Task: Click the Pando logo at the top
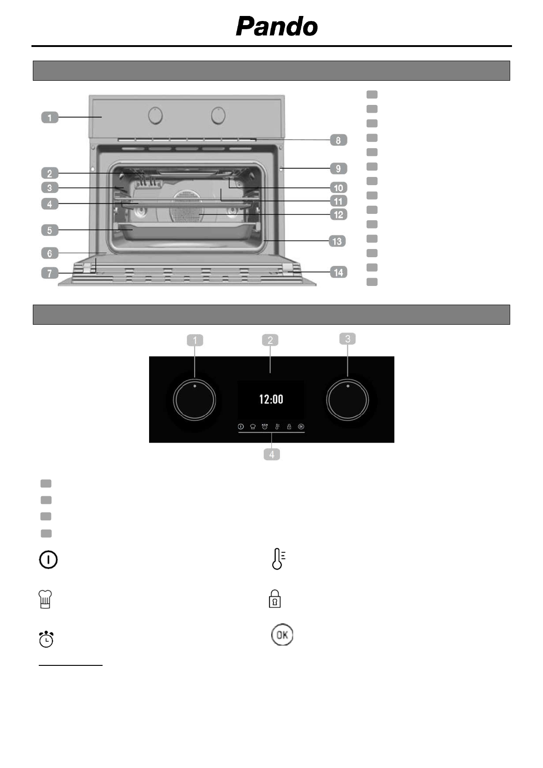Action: pos(277,26)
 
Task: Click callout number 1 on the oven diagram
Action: pos(50,117)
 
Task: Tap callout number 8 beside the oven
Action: pos(338,140)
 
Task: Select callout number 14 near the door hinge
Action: pos(338,272)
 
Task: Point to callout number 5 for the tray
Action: pos(50,230)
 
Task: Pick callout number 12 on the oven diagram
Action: pos(338,215)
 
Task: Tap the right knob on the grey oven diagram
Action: pos(218,115)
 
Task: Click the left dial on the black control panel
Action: pos(194,400)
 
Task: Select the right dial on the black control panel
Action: pos(347,400)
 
